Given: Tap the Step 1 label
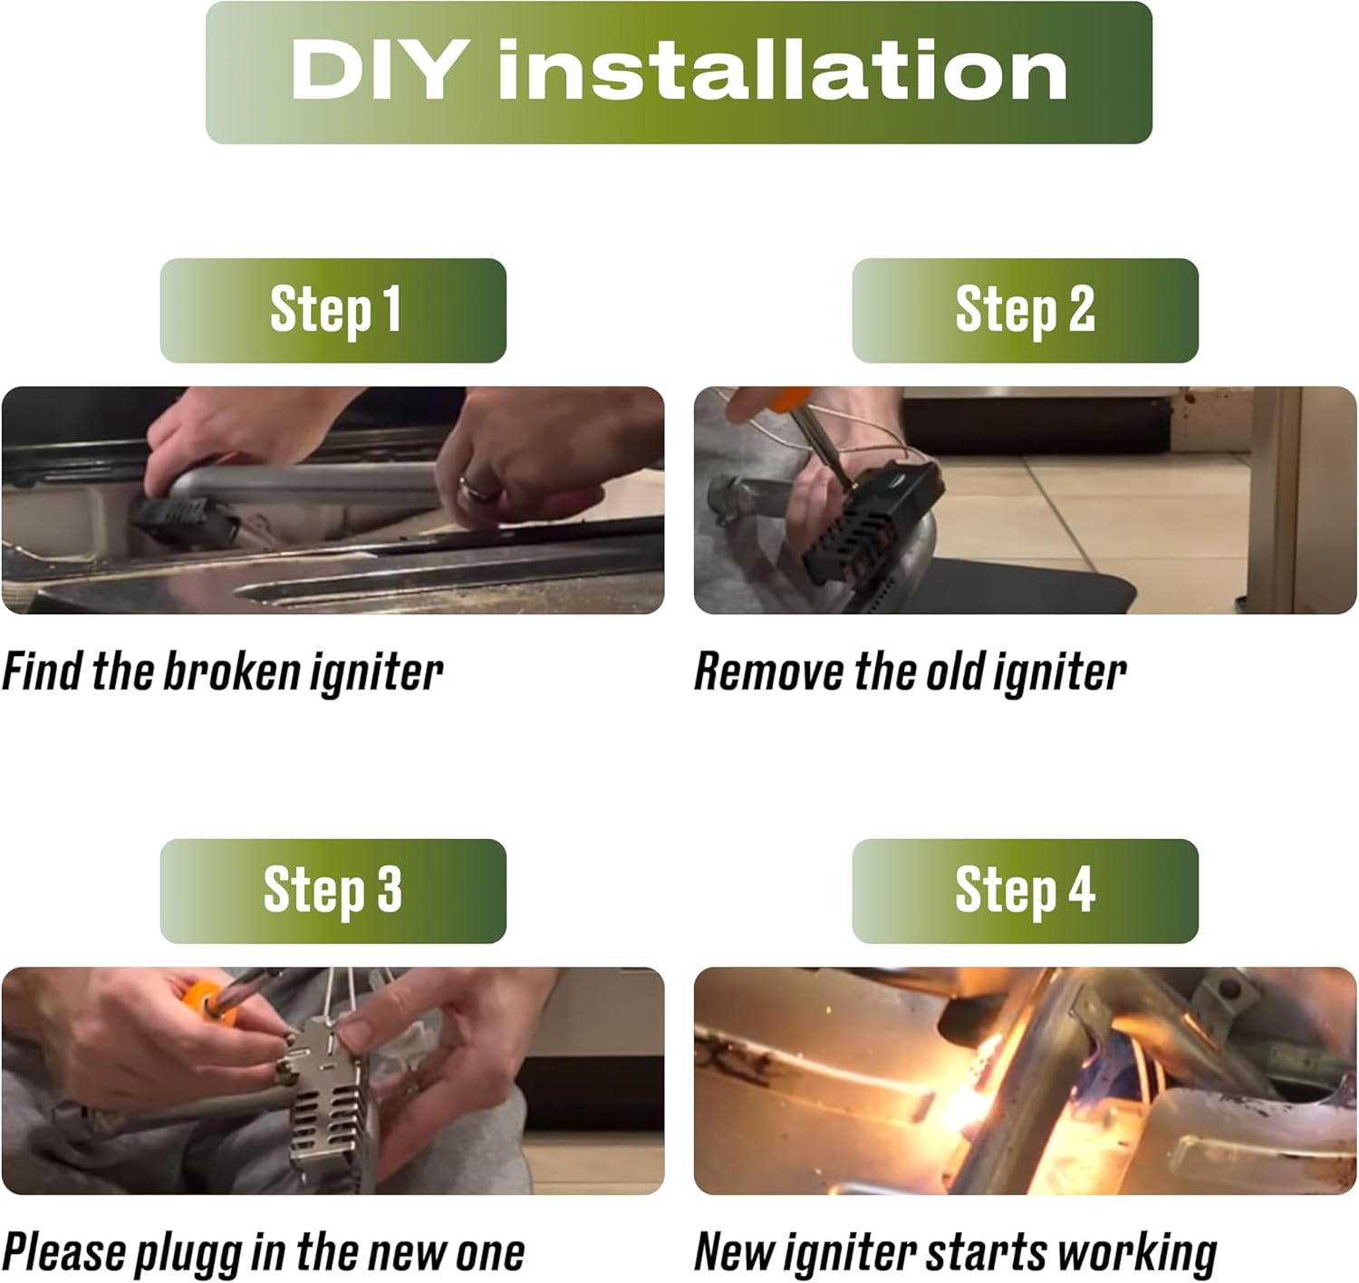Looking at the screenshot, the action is pos(335,311).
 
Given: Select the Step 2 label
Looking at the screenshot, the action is pos(1025,311).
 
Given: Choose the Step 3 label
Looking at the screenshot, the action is pos(333,891).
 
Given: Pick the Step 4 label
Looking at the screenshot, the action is pos(1025,891).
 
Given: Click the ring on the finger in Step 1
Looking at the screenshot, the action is pos(479,489).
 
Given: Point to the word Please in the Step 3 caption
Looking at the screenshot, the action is pos(64,1253).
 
